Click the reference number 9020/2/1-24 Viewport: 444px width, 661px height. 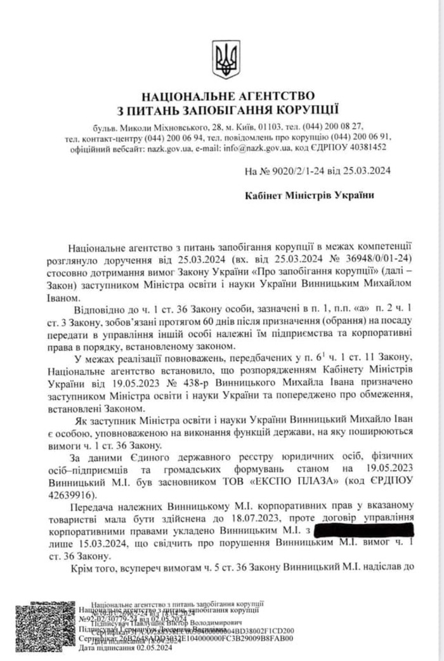[294, 170]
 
